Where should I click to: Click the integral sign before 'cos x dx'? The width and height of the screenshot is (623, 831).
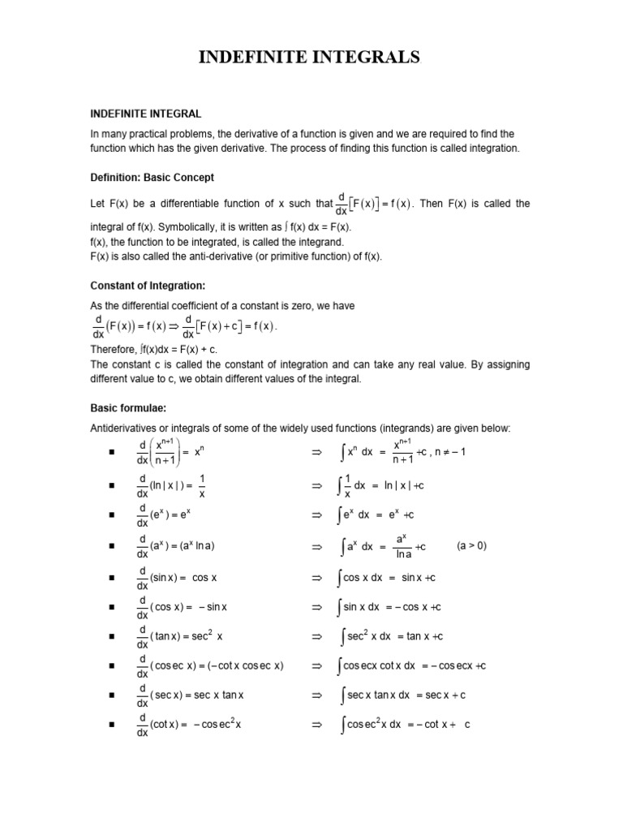click(340, 578)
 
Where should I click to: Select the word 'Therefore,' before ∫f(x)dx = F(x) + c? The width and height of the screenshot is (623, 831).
click(114, 348)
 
